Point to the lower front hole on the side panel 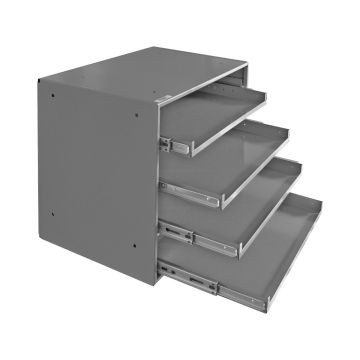[134, 263]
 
